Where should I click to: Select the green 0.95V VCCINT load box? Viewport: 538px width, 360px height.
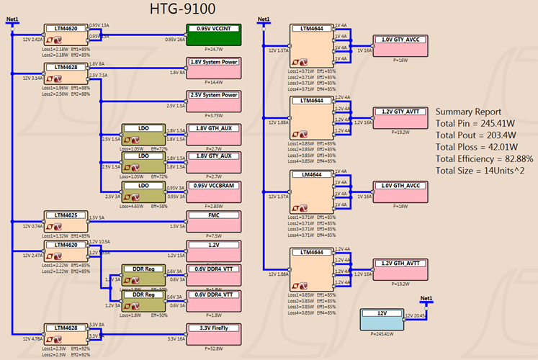212,35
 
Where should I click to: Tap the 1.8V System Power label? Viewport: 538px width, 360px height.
212,62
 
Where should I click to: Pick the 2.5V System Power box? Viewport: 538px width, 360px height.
212,101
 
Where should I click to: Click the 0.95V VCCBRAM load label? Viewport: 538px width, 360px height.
212,185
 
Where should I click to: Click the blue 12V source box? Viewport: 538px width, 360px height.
387,318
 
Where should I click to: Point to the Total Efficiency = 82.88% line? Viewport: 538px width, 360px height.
484,158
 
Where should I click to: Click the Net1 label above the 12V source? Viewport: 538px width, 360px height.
426,298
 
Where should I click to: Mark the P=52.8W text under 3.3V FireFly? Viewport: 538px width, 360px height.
212,349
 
